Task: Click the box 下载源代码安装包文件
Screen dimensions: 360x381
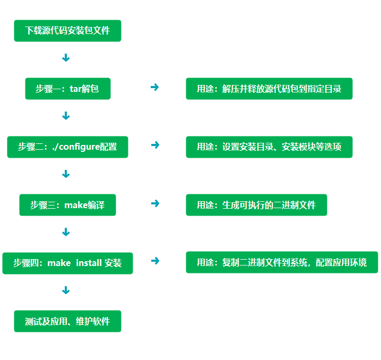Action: [x=67, y=31]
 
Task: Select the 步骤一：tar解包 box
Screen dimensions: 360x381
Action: [x=67, y=89]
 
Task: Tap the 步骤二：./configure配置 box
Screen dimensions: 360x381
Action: [x=67, y=147]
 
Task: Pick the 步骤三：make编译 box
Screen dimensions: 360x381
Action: [x=67, y=205]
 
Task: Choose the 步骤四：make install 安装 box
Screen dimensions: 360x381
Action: [x=67, y=263]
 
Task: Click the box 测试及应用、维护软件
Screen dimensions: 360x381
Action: [x=67, y=321]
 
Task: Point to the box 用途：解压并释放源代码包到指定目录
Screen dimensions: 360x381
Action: [x=269, y=89]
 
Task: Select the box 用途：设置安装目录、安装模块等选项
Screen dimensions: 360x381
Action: [x=269, y=147]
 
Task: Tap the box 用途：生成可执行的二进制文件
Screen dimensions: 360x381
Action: [x=256, y=205]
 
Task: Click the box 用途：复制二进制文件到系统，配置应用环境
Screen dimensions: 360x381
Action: [x=282, y=262]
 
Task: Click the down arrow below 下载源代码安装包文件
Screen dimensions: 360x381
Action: [x=66, y=58]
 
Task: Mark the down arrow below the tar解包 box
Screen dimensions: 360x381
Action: [x=66, y=116]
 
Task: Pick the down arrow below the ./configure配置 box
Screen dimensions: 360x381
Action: [x=66, y=174]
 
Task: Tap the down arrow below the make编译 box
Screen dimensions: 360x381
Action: [x=66, y=232]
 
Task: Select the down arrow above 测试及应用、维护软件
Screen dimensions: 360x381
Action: [x=66, y=290]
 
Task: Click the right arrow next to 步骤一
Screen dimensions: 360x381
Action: [x=155, y=87]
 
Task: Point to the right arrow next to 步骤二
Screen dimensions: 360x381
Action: [x=155, y=145]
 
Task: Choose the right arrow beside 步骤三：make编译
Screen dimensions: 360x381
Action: [x=155, y=203]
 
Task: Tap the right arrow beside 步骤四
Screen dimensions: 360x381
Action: [x=155, y=261]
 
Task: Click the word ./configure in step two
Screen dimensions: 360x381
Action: [x=76, y=147]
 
